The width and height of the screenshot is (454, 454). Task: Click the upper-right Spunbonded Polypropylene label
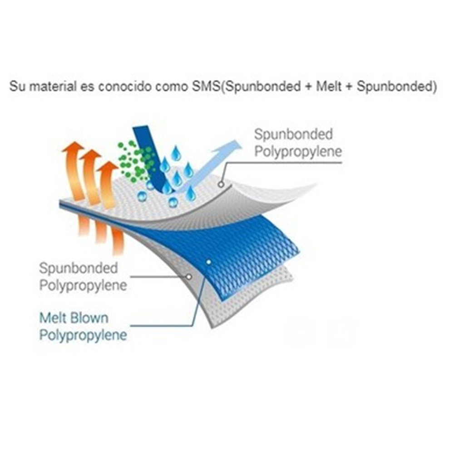coord(297,143)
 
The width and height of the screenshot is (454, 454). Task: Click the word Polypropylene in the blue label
coord(83,335)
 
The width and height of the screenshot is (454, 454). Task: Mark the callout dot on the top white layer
coord(221,184)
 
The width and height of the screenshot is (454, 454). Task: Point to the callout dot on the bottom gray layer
coord(189,276)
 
